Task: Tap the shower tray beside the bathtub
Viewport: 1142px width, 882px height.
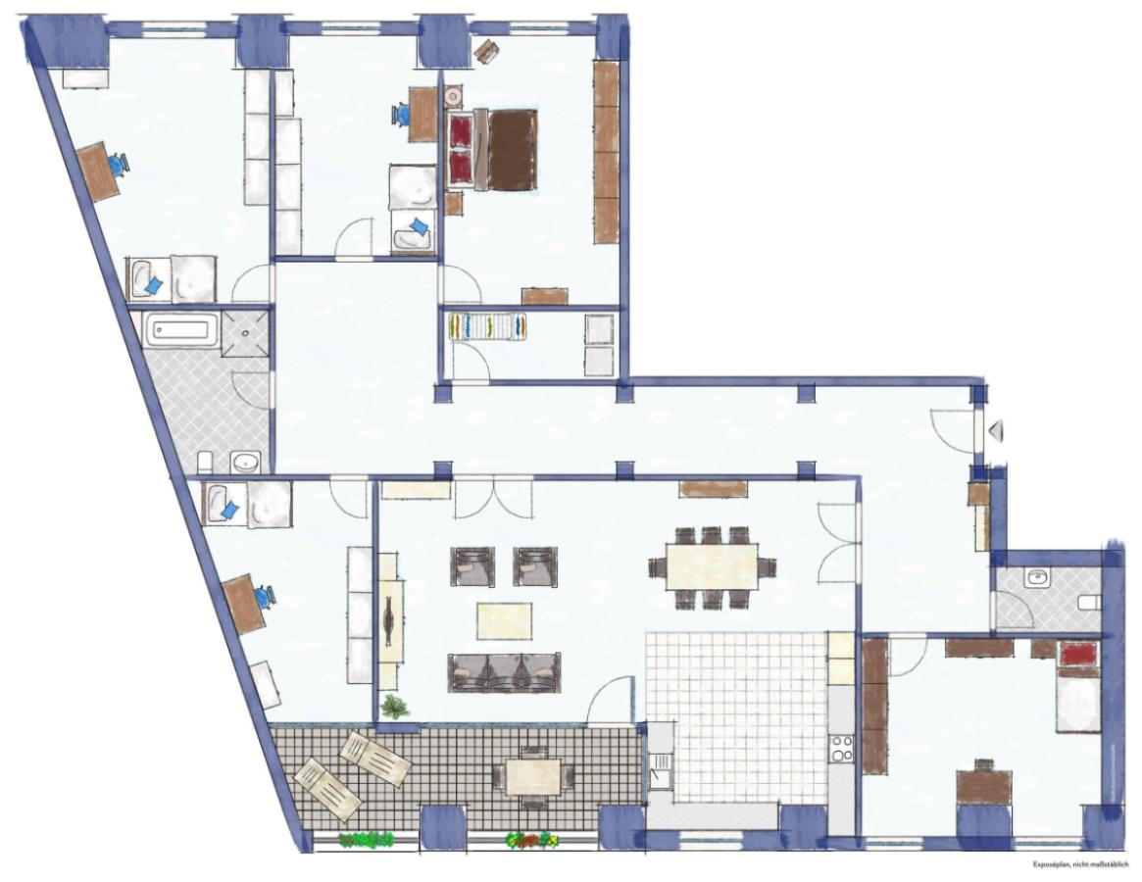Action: (x=245, y=330)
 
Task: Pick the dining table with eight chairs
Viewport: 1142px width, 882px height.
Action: (x=712, y=565)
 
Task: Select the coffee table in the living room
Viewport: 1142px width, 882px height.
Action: (x=504, y=620)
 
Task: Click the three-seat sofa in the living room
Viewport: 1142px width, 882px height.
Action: (x=504, y=671)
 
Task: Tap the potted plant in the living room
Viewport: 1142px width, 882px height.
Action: (x=395, y=707)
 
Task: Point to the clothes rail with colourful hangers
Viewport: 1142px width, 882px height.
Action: (x=488, y=325)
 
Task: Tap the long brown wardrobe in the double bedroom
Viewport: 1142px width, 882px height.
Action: (x=606, y=152)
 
